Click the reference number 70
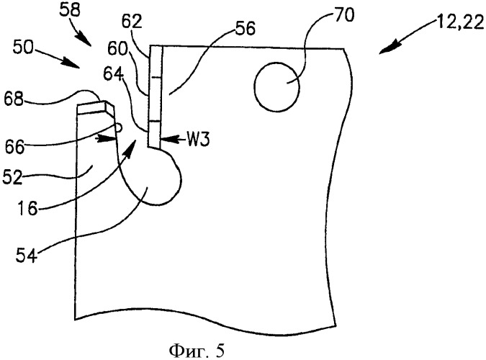[343, 15]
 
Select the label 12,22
[460, 22]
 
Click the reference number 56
[245, 29]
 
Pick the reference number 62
[132, 22]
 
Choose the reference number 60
[117, 49]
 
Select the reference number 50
[23, 48]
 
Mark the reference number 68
[14, 99]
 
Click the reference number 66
[15, 146]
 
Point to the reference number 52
[13, 178]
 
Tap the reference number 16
[27, 208]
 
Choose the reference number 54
[27, 256]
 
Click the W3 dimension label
[199, 140]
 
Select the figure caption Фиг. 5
[197, 351]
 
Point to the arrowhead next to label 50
[72, 63]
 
